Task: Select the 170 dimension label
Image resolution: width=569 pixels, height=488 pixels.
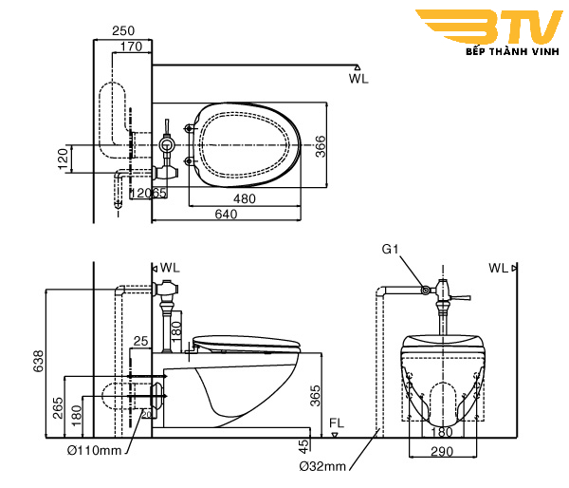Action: [x=132, y=46]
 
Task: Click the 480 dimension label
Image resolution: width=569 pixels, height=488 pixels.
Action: [x=245, y=199]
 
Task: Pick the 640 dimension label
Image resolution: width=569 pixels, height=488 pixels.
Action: [x=226, y=215]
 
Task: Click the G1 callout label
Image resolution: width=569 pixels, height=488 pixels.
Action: [x=390, y=249]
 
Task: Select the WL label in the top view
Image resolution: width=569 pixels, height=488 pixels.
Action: [x=358, y=79]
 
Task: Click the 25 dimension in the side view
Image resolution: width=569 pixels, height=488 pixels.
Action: [x=141, y=340]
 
